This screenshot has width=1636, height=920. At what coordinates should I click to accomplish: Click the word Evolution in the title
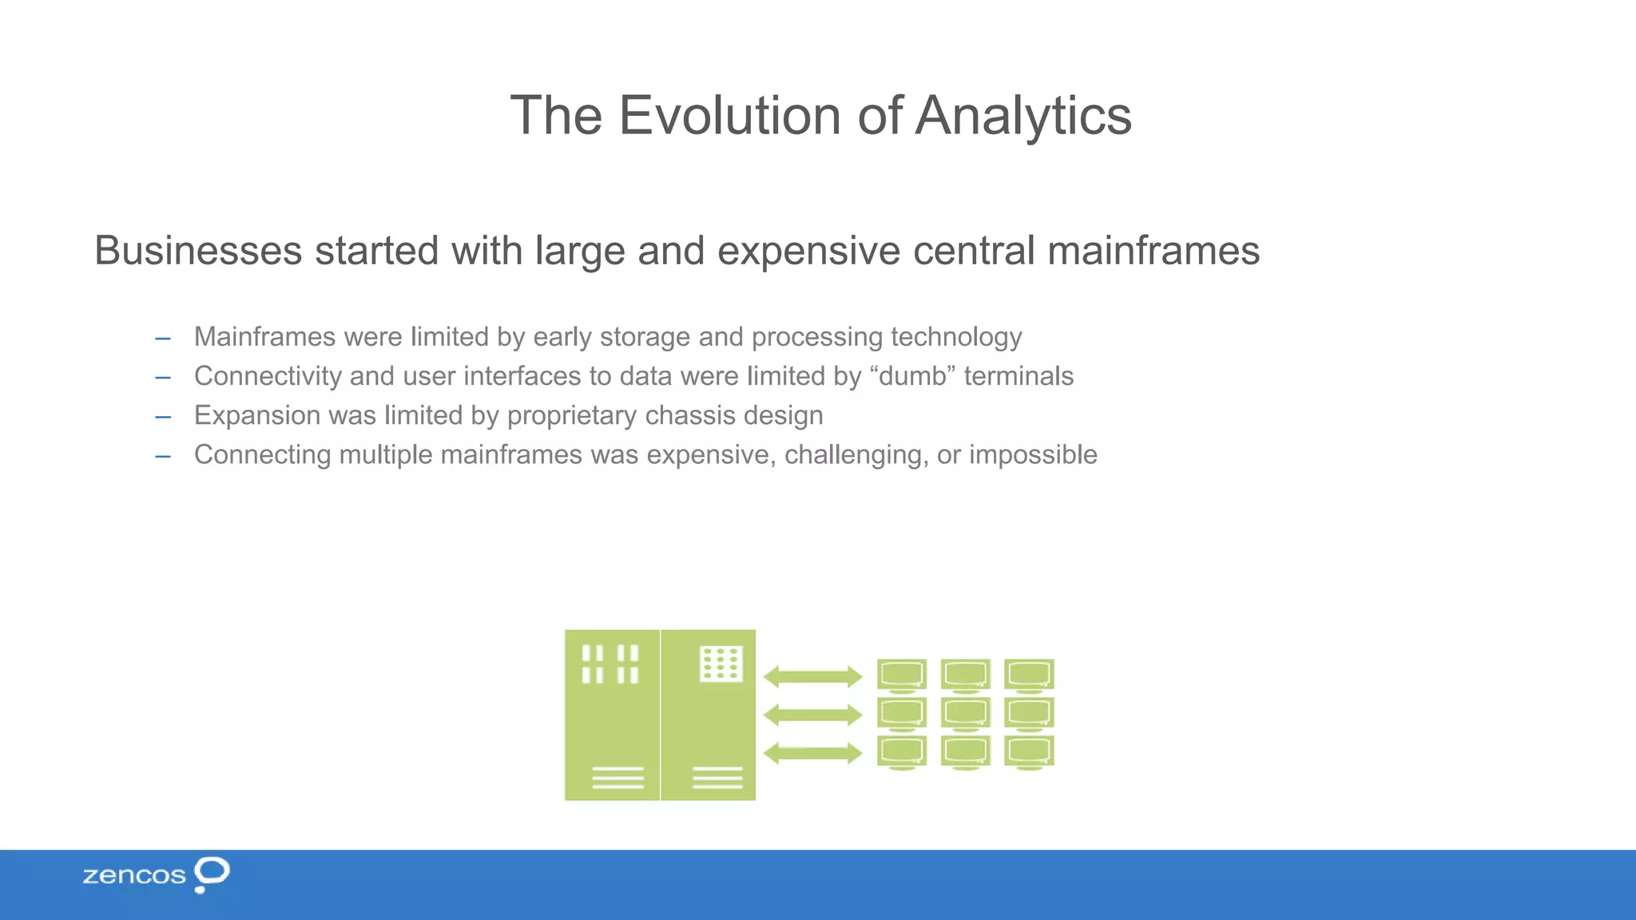[x=730, y=116]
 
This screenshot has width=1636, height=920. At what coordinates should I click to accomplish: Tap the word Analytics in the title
[x=1023, y=116]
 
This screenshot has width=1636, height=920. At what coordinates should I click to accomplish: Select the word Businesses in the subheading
[x=198, y=251]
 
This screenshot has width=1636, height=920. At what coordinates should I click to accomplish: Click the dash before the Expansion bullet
[x=163, y=416]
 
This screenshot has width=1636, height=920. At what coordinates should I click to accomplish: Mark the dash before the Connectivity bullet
[x=163, y=377]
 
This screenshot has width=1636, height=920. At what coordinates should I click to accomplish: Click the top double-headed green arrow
[x=812, y=676]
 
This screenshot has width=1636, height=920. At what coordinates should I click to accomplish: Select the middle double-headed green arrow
[x=812, y=715]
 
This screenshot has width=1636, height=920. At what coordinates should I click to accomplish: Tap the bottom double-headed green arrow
[x=812, y=752]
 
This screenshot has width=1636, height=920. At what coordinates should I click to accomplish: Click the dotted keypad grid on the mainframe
[x=721, y=664]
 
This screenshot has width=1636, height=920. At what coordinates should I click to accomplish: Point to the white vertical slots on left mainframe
[x=610, y=664]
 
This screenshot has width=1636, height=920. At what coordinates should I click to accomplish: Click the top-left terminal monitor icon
[x=902, y=674]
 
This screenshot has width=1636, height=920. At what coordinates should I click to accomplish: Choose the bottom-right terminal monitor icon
[x=1029, y=751]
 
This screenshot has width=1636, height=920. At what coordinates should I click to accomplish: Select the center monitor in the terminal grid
[x=966, y=712]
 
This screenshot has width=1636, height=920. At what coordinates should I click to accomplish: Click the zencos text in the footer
[x=133, y=875]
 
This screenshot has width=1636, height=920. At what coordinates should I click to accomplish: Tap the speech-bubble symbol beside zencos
[x=212, y=873]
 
